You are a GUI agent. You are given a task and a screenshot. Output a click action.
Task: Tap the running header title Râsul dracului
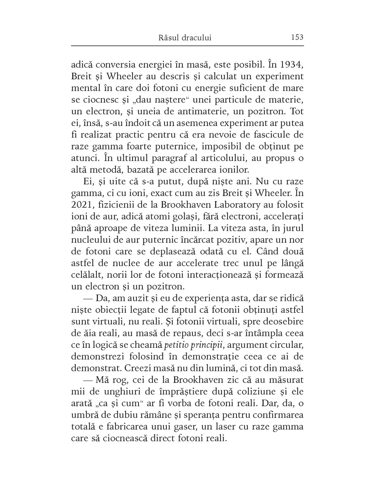[x=185, y=37]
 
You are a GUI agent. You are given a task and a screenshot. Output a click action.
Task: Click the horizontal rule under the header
[x=187, y=46]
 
